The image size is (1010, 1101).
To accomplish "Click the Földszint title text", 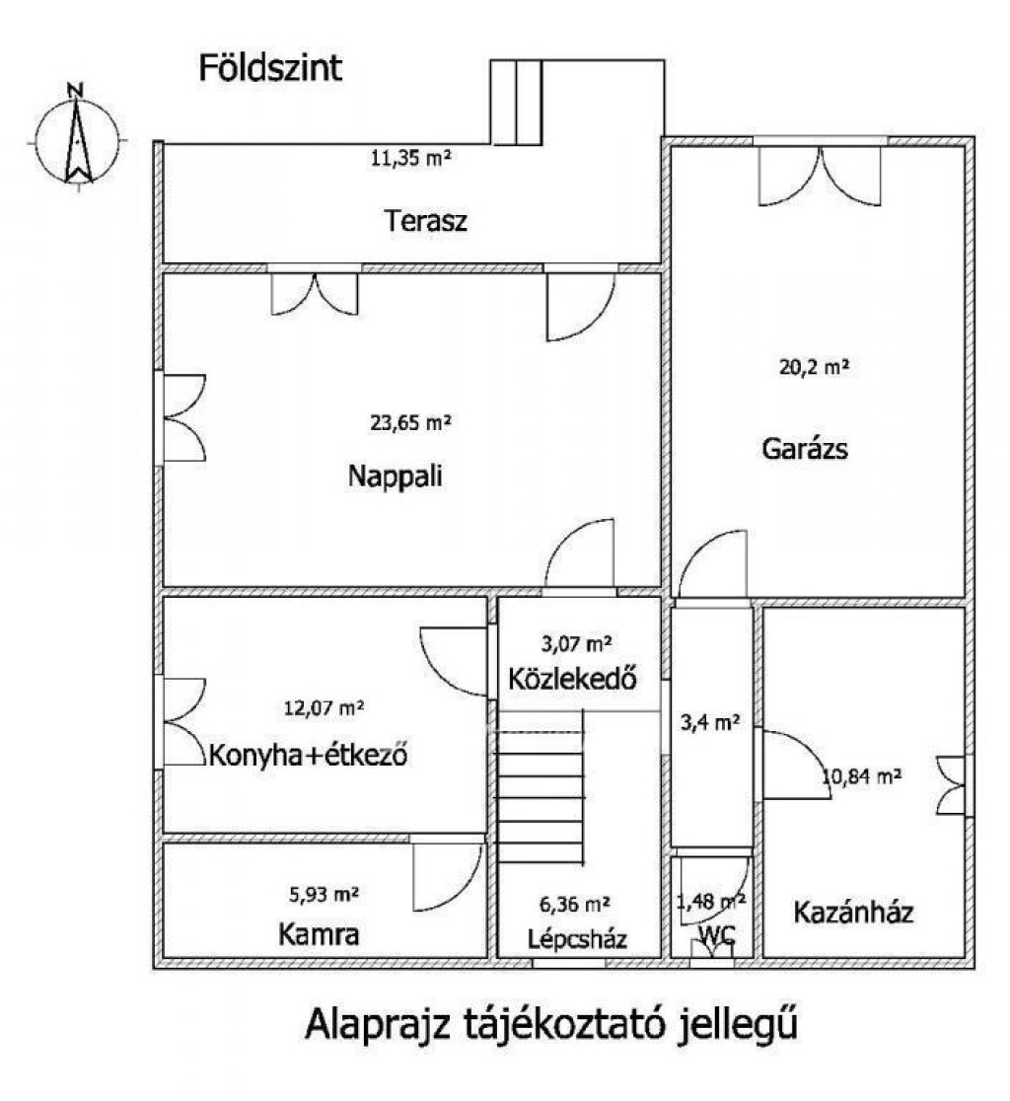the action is point(270,69).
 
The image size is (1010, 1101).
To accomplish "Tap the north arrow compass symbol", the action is point(78,139).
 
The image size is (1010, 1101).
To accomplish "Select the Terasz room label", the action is point(425,221).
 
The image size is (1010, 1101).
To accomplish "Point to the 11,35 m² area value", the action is point(410,158).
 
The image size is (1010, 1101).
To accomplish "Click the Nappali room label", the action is point(396,477).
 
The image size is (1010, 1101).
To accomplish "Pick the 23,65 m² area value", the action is point(410,422).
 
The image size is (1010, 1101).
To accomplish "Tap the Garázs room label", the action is point(804,448).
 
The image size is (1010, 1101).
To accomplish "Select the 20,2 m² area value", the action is point(814,367).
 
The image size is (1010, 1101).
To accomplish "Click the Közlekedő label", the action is point(573,679).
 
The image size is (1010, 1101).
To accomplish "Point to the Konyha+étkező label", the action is point(308,756).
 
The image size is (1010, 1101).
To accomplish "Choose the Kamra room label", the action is point(319,934).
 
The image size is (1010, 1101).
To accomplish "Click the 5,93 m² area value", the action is point(325,895).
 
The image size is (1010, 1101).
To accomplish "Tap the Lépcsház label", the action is point(578,939).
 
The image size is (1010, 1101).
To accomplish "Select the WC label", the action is point(717,934).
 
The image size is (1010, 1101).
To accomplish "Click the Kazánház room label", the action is point(853,913).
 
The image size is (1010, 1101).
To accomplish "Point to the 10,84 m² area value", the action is point(861,775).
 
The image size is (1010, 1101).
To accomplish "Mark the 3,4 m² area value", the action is point(710,722).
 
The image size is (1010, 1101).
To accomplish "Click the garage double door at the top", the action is point(820,176).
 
